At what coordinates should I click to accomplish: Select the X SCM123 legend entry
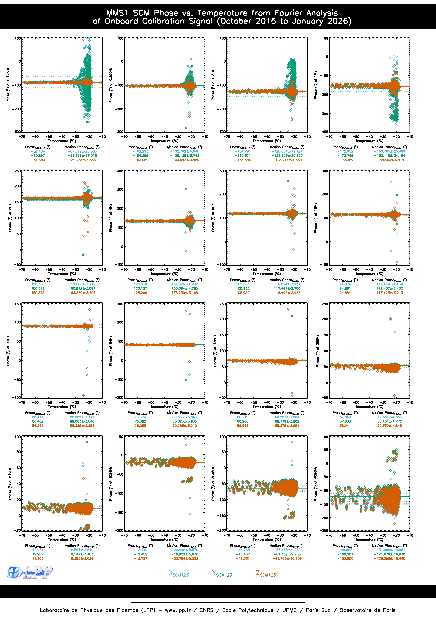[179, 574]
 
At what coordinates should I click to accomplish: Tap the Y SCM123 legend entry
[222, 574]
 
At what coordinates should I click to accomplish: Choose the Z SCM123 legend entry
[266, 574]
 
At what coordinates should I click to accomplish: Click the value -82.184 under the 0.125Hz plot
[38, 151]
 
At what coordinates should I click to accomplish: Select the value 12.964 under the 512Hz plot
[38, 550]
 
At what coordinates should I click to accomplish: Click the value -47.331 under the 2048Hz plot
[243, 559]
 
